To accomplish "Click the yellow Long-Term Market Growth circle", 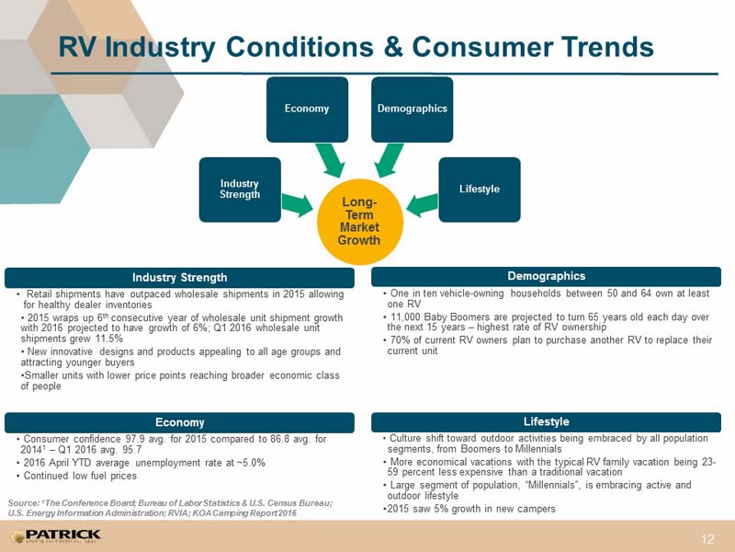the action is coord(359,222).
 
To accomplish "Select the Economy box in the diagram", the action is coord(307,109).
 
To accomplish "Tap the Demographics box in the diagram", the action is coord(412,109).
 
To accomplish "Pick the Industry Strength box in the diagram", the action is coord(240,190).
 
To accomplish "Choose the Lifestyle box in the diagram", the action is coord(480,190).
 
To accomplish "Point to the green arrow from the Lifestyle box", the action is coord(422,205).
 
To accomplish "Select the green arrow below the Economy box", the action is coord(331,160).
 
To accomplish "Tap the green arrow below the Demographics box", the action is coord(389,160).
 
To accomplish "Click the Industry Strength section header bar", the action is coord(179,278).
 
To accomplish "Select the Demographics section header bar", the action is coord(546,277).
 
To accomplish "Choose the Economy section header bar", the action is coord(179,422).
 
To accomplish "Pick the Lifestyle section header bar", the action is coord(546,421).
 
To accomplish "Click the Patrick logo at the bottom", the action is coord(55,536).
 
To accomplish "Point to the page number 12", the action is coord(707,539).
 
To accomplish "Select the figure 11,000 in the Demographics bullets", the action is coord(406,317).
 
